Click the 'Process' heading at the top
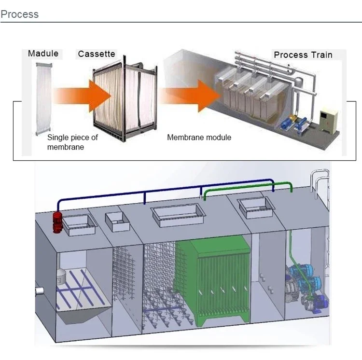20,14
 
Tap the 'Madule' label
43,54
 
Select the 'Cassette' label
97,54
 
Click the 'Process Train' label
303,55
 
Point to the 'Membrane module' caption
199,138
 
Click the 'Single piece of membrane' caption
72,142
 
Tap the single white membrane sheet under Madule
43,99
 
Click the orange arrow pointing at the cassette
83,96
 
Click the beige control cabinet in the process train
328,121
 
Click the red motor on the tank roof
57,222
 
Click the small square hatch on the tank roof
117,222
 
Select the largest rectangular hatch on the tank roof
178,215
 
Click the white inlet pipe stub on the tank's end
40,291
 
